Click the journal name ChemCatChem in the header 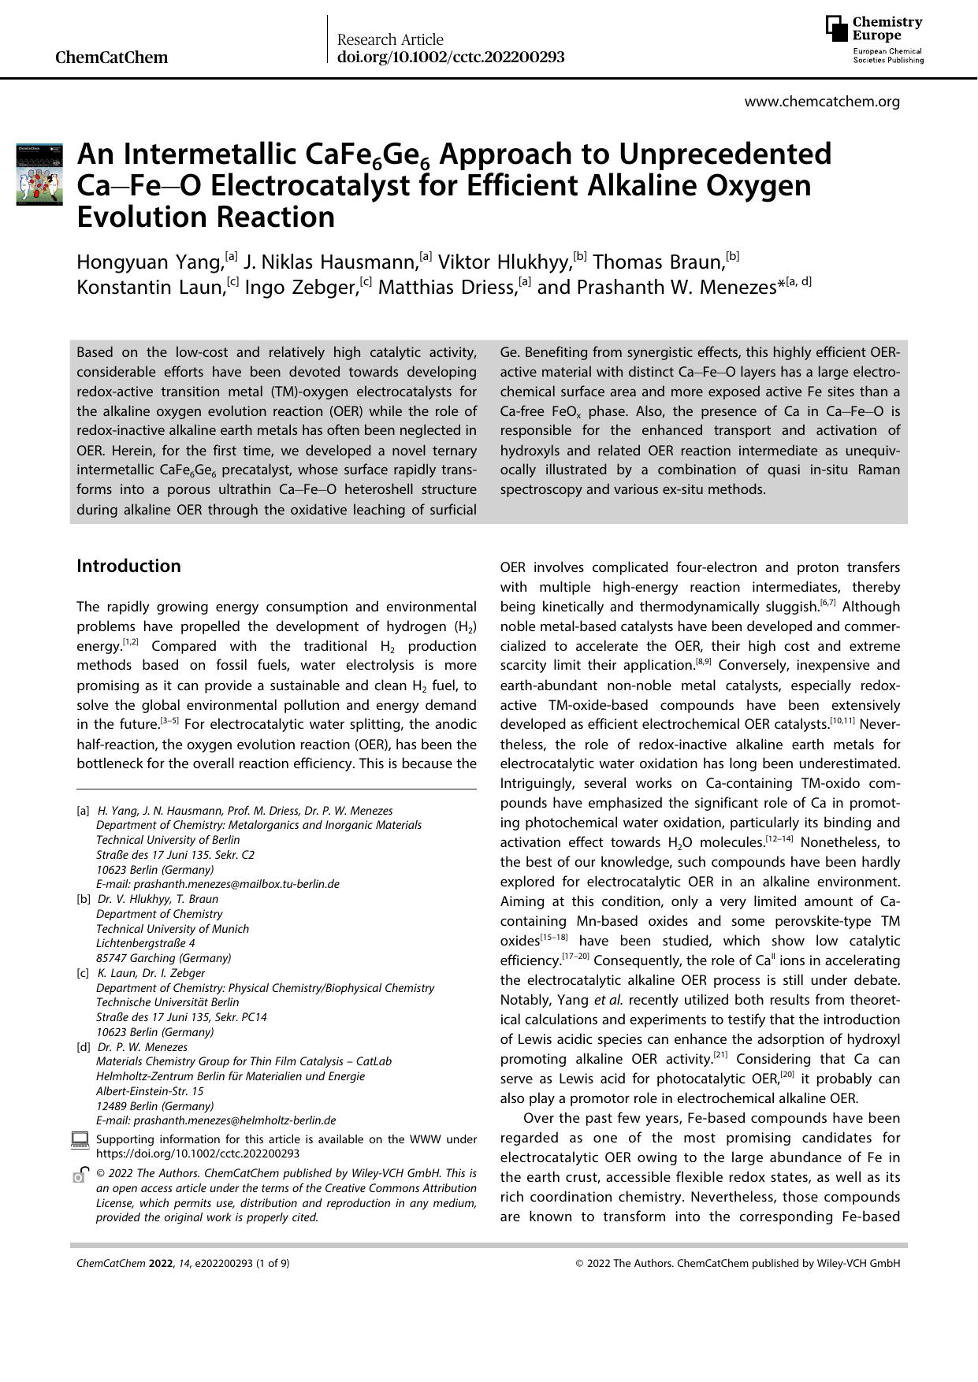point(112,58)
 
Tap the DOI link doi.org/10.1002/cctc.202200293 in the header point(451,58)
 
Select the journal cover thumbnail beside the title point(39,174)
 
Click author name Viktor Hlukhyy point(504,262)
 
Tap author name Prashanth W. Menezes point(676,287)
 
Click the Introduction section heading point(128,566)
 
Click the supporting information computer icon point(80,1139)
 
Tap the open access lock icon point(79,1175)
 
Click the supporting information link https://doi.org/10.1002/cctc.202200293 point(198,1154)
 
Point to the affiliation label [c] point(83,973)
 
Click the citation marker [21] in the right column point(720,1055)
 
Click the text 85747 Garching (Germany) point(163,958)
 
